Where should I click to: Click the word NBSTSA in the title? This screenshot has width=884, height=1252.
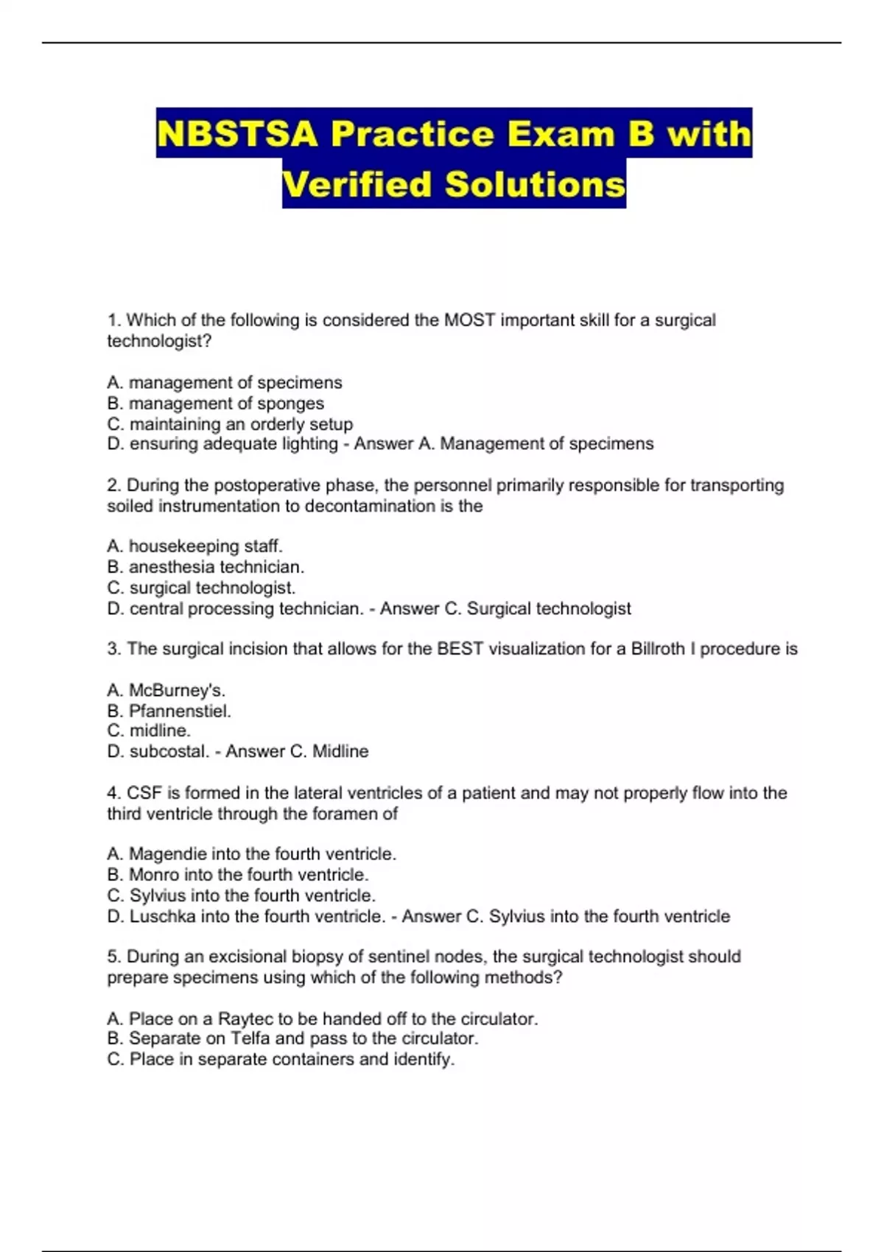coord(237,134)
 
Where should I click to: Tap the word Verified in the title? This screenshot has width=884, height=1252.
coord(357,184)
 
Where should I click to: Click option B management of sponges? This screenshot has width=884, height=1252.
coord(215,403)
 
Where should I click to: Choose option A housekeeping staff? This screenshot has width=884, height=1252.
coord(194,546)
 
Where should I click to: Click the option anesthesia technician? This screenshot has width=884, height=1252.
coord(206,566)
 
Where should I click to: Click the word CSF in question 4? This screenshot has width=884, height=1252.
coord(144,793)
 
